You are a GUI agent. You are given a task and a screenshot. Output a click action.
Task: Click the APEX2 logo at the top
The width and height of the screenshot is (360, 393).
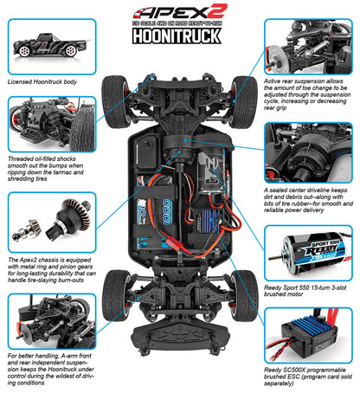point(180,14)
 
